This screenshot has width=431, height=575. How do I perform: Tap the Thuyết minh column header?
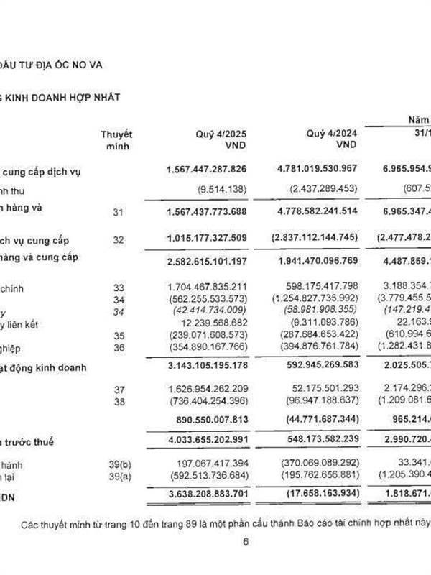116,139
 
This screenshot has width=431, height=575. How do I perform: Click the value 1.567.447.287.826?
207,170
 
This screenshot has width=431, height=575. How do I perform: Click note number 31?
119,213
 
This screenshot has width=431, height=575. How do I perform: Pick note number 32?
119,240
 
